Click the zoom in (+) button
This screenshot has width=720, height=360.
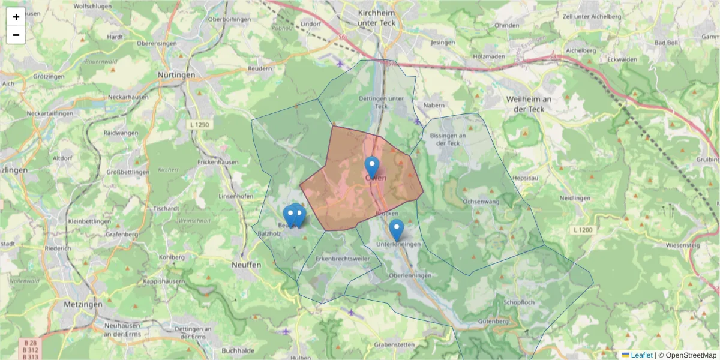coord(16,17)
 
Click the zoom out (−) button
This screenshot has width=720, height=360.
coord(16,35)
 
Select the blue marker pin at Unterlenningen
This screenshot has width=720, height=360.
coord(396,229)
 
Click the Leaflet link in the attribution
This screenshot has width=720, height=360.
coord(641,355)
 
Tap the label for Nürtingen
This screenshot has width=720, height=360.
coord(176,75)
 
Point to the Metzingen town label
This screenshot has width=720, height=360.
coord(83,304)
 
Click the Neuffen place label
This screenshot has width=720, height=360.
coord(246,264)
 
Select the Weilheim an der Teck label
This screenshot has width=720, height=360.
coord(529,104)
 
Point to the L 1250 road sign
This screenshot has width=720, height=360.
coord(198,124)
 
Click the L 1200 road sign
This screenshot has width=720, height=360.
coord(582,230)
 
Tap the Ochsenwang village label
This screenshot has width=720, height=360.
coord(481,202)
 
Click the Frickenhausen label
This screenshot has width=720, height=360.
coord(218,162)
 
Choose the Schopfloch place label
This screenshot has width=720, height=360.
coord(519,302)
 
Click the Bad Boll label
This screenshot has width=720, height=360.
coord(666,43)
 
